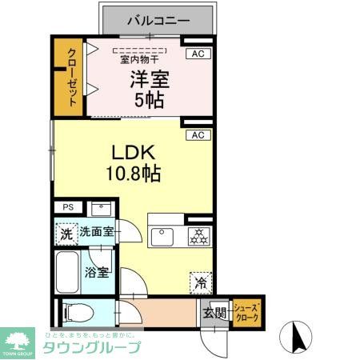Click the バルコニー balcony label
[x=157, y=18]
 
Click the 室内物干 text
[x=139, y=58]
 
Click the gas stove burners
[x=198, y=237]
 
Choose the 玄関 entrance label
[x=212, y=313]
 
